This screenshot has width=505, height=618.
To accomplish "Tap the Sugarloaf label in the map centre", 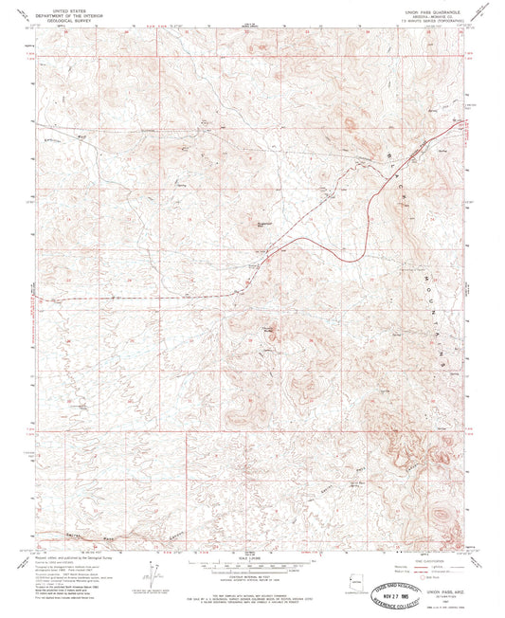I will (267, 223).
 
